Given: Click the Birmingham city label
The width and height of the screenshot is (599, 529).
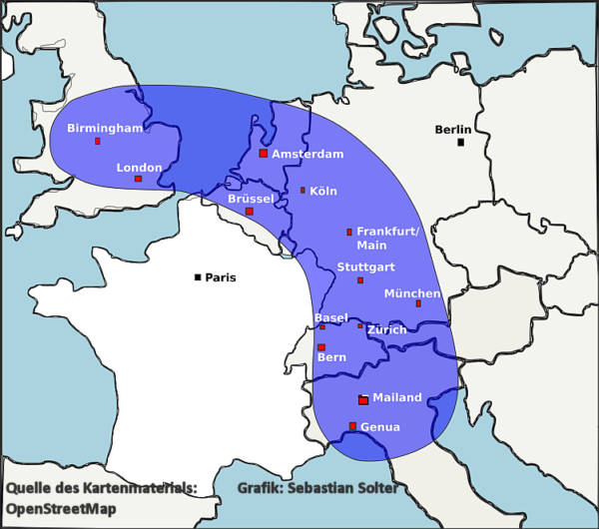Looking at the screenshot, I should click(x=105, y=129).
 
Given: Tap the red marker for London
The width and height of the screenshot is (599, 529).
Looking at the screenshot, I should click(x=138, y=179).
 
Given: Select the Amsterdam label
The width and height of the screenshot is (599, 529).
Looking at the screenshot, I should click(x=307, y=154).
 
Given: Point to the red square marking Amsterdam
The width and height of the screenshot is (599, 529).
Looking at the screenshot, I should click(x=263, y=154).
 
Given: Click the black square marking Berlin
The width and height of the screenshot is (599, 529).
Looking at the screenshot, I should click(x=460, y=142).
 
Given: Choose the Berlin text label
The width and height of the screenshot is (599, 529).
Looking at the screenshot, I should click(x=453, y=130).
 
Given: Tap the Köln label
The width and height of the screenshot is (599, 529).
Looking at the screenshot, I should click(x=323, y=191).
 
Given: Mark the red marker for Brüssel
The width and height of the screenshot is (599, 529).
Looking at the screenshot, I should click(x=250, y=212).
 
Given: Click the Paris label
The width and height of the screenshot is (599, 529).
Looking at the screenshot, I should click(x=221, y=277).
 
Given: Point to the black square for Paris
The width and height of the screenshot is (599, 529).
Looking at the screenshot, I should click(x=199, y=276).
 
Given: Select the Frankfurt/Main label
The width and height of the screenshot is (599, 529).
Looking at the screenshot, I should click(x=388, y=238).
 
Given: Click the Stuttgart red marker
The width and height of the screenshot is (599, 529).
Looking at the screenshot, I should click(x=360, y=280).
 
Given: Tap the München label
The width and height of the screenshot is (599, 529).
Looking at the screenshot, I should click(x=412, y=293).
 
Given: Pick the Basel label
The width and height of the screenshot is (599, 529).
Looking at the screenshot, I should click(x=331, y=317).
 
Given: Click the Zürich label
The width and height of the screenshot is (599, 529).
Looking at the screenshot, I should click(x=386, y=329).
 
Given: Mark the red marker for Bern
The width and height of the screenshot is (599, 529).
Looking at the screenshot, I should click(x=321, y=347).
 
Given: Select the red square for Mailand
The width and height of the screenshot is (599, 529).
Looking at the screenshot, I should click(x=363, y=400).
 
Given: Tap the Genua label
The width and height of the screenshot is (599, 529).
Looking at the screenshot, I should click(x=380, y=427).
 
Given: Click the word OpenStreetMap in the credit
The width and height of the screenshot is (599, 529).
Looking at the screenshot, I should click(x=61, y=509).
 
